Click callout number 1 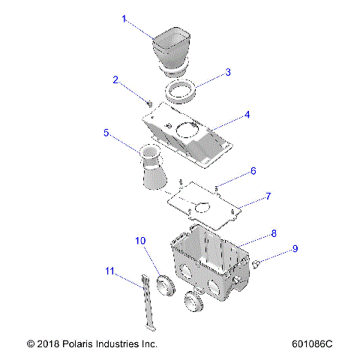tap(124, 19)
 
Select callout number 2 tap(115, 79)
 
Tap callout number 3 tap(227, 73)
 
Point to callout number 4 tap(247, 115)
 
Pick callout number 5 tap(107, 133)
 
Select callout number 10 tap(139, 241)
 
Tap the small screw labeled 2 tap(150, 102)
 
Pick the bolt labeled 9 tap(256, 263)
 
